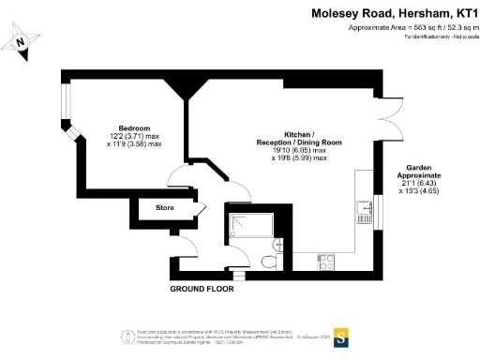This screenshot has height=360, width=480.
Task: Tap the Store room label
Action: point(165,208)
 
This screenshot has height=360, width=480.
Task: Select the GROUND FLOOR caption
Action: point(202,289)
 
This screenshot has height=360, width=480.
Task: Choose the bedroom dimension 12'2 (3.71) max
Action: point(134,136)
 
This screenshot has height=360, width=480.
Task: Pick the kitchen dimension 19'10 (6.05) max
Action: point(299,150)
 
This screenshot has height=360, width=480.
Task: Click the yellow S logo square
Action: point(342,335)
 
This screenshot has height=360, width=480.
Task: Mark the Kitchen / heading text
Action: point(299,133)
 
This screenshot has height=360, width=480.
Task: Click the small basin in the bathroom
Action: point(283,236)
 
